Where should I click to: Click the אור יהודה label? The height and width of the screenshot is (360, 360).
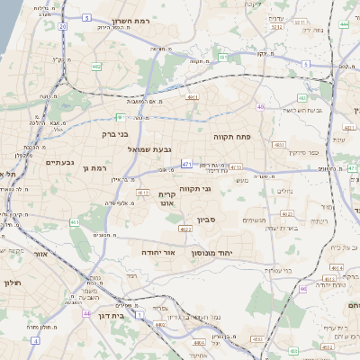click(162, 253)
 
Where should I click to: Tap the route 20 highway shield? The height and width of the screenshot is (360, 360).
click(63, 26)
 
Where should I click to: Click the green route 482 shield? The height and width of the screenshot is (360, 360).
click(96, 67)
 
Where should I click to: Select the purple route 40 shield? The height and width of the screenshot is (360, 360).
click(260, 107)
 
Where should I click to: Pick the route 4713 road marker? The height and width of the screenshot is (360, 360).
click(235, 166)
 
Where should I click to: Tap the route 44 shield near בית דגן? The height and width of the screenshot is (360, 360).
click(86, 314)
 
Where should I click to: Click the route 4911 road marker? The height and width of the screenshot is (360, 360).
click(192, 95)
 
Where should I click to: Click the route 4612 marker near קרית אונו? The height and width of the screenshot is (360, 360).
click(142, 192)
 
